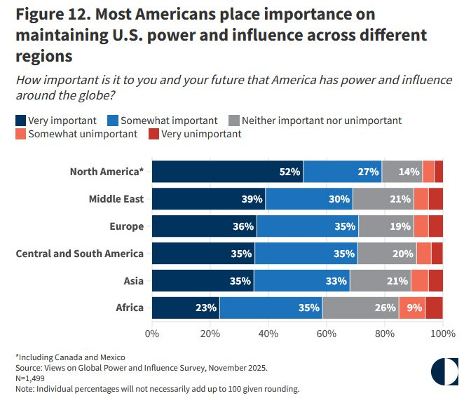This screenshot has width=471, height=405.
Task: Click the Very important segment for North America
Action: tap(227, 172)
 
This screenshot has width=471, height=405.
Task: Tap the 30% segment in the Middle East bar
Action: tap(309, 199)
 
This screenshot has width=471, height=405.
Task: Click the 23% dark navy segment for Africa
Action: tap(186, 308)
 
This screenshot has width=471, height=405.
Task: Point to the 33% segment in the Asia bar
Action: tap(301, 281)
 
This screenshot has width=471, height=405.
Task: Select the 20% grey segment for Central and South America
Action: tap(386, 254)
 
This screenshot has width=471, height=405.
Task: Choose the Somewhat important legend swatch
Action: tap(113, 120)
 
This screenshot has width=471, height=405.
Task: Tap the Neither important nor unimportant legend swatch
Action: tap(234, 120)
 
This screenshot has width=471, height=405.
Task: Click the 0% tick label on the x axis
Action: tap(152, 334)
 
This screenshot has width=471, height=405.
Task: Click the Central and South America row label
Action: tap(79, 254)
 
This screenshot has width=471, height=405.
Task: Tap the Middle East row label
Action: tap(116, 199)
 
